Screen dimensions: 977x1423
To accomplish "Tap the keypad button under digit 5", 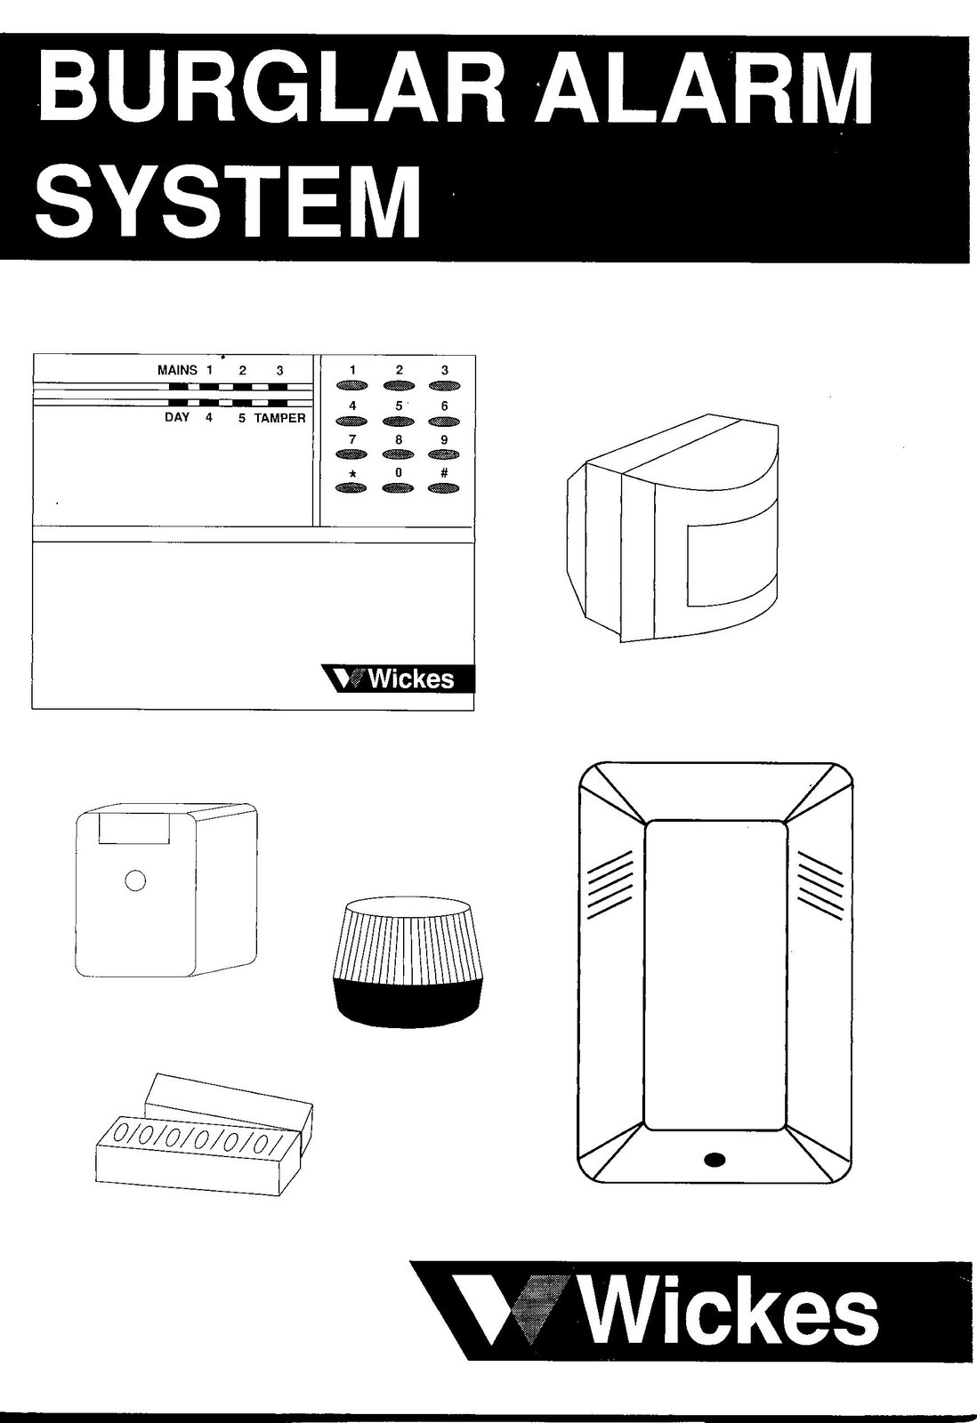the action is pyautogui.click(x=399, y=421).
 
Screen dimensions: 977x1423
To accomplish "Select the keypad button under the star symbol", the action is pyautogui.click(x=351, y=488).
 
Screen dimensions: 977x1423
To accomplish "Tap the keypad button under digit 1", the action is pyautogui.click(x=351, y=386).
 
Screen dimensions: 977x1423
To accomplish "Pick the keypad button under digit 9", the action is pyautogui.click(x=444, y=454).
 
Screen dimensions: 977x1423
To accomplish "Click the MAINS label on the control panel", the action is pyautogui.click(x=177, y=370).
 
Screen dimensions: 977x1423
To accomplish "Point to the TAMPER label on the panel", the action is pyautogui.click(x=280, y=418).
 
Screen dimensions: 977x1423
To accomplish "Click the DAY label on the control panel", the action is pyautogui.click(x=177, y=417).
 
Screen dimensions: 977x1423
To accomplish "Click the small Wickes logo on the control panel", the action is pyautogui.click(x=398, y=679).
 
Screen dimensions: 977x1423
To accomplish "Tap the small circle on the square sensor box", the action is pyautogui.click(x=134, y=880).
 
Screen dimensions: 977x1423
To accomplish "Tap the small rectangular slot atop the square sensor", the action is pyautogui.click(x=134, y=829).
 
